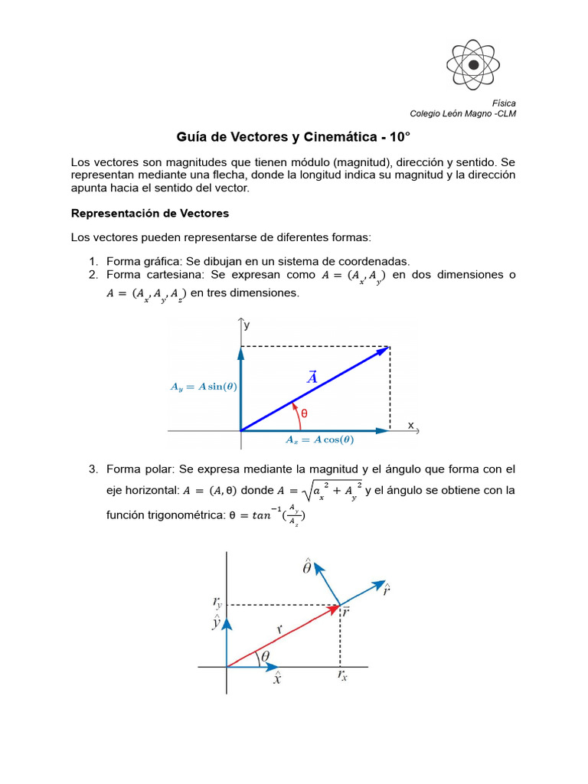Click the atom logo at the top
click(x=474, y=65)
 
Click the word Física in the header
click(x=503, y=103)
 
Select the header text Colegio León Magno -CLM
click(x=462, y=113)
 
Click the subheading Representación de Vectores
click(x=149, y=213)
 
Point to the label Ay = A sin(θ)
click(x=203, y=387)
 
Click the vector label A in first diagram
click(x=312, y=377)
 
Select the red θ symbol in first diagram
click(x=303, y=413)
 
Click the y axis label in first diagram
click(x=247, y=325)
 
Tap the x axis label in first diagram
click(x=410, y=425)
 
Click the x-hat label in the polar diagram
click(x=276, y=678)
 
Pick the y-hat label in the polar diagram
click(x=217, y=622)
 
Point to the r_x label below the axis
click(x=341, y=676)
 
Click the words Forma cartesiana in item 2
click(x=153, y=274)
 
